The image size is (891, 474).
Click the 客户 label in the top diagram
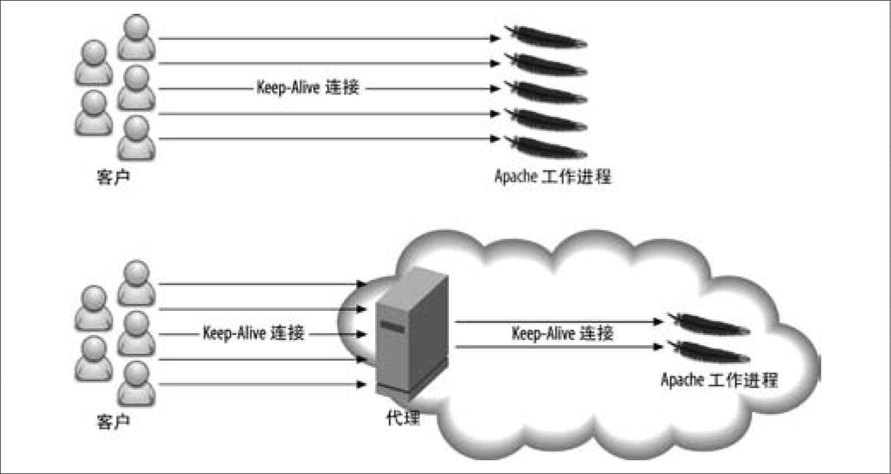pyautogui.click(x=113, y=177)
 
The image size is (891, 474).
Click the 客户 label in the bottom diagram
pyautogui.click(x=113, y=421)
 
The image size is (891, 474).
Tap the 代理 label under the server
pyautogui.click(x=403, y=418)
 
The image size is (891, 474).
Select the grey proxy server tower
pyautogui.click(x=412, y=334)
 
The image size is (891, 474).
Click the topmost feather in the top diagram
pyautogui.click(x=546, y=37)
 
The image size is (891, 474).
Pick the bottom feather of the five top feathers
pyautogui.click(x=546, y=147)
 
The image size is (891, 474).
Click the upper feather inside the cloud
pyautogui.click(x=709, y=324)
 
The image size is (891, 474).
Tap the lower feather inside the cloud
pyautogui.click(x=709, y=351)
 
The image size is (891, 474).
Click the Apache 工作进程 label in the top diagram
pyautogui.click(x=553, y=177)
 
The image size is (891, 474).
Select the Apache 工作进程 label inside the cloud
pyautogui.click(x=719, y=380)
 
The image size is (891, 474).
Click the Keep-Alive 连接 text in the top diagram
pyautogui.click(x=308, y=88)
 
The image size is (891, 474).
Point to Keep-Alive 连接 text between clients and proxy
pyautogui.click(x=253, y=333)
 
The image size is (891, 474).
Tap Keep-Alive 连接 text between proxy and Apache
pyautogui.click(x=562, y=333)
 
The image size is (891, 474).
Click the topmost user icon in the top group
pyautogui.click(x=137, y=37)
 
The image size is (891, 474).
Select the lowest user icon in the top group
pyautogui.click(x=137, y=138)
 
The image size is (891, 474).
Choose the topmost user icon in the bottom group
pyautogui.click(x=137, y=283)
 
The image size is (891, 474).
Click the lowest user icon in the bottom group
pyautogui.click(x=137, y=383)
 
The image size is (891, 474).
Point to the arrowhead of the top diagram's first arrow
pyautogui.click(x=495, y=38)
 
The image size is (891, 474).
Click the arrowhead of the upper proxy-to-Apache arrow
pyautogui.click(x=658, y=322)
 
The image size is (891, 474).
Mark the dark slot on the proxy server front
pyautogui.click(x=392, y=326)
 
